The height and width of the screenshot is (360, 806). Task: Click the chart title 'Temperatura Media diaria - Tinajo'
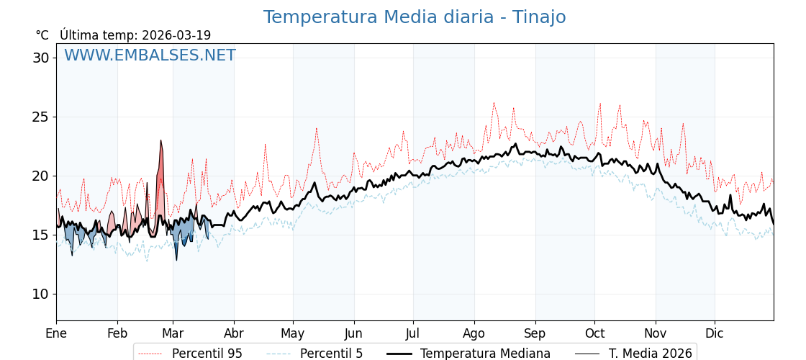pos(414,17)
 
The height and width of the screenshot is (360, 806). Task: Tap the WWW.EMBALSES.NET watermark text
pos(150,55)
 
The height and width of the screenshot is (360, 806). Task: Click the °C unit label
pos(42,35)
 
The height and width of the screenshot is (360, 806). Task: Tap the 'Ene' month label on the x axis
pos(56,333)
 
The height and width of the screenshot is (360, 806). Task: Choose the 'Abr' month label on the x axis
pos(234,333)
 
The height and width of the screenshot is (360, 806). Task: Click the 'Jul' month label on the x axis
pos(413,333)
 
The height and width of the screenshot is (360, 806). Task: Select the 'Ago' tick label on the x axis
pos(474,333)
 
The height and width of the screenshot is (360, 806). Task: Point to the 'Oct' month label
pos(594,333)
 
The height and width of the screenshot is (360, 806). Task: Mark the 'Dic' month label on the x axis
pos(715,333)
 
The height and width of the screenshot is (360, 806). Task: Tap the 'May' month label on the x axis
pos(293,333)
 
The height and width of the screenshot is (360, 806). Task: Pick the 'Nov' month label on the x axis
pos(656,333)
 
